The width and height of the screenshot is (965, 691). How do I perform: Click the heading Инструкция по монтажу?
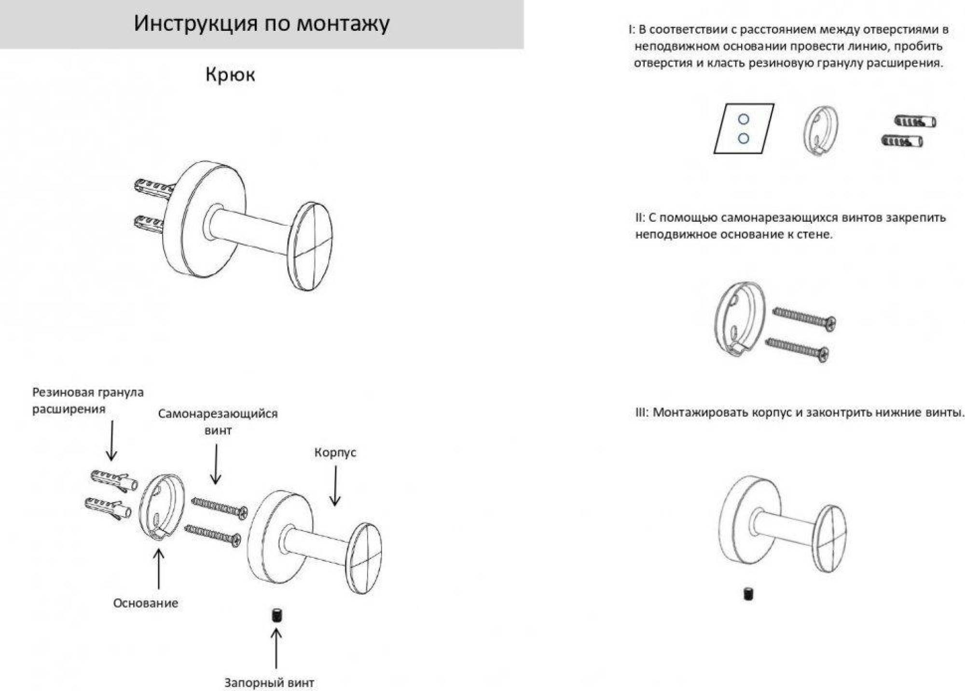(x=262, y=23)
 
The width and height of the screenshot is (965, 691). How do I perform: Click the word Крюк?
(x=230, y=75)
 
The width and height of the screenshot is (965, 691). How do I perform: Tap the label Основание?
(x=145, y=603)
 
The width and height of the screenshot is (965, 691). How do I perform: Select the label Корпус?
(x=335, y=452)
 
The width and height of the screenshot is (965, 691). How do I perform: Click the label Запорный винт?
(x=269, y=682)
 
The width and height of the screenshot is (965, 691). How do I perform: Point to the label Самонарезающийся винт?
(x=218, y=421)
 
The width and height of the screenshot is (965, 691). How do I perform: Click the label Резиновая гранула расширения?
(x=88, y=400)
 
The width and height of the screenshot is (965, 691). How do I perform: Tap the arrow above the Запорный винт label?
(x=276, y=648)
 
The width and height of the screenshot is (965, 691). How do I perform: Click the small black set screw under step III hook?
(x=748, y=594)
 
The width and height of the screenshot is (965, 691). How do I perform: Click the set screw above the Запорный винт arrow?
(x=276, y=615)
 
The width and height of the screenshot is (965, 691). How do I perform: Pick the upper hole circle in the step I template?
(x=744, y=119)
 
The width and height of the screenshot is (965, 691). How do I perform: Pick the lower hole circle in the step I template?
(x=744, y=138)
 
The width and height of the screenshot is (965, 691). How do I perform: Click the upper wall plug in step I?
(x=915, y=121)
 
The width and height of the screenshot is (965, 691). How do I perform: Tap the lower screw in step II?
(x=797, y=349)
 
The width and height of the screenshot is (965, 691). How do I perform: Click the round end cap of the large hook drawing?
(x=310, y=246)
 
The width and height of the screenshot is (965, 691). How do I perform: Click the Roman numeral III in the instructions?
(x=640, y=412)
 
